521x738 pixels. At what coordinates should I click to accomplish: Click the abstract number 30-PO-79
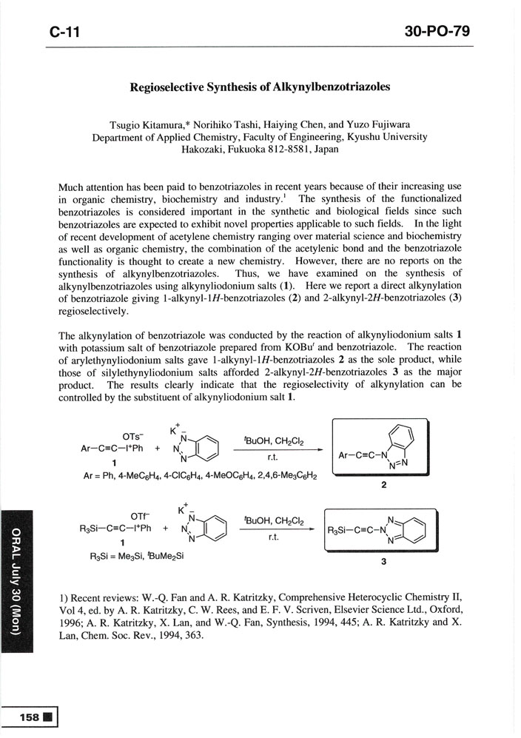click(438, 32)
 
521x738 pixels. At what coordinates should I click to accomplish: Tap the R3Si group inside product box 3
click(342, 529)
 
